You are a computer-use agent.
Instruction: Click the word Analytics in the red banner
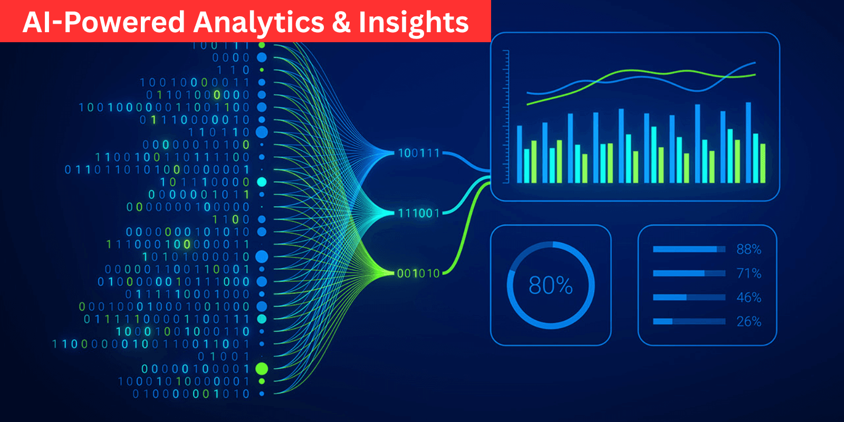[x=258, y=23]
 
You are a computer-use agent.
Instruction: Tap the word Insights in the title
[x=414, y=23]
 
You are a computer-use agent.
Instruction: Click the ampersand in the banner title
[x=342, y=23]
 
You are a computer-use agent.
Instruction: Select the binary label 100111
[x=418, y=154]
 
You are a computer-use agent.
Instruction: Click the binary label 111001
[x=418, y=213]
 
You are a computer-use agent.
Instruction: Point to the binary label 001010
[x=418, y=273]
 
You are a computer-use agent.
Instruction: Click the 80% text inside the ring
[x=550, y=285]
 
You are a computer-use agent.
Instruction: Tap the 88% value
[x=749, y=249]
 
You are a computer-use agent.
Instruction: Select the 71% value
[x=749, y=273]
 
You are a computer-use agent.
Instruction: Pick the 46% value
[x=749, y=298]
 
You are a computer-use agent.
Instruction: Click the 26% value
[x=749, y=321]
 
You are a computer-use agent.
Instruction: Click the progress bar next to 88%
[x=689, y=249]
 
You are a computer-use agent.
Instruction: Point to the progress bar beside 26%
[x=689, y=321]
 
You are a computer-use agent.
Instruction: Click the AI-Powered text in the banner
[x=103, y=23]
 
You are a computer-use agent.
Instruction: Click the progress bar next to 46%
[x=689, y=298]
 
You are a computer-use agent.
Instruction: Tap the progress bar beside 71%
[x=689, y=273]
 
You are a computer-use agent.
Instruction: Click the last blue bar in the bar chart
[x=748, y=142]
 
